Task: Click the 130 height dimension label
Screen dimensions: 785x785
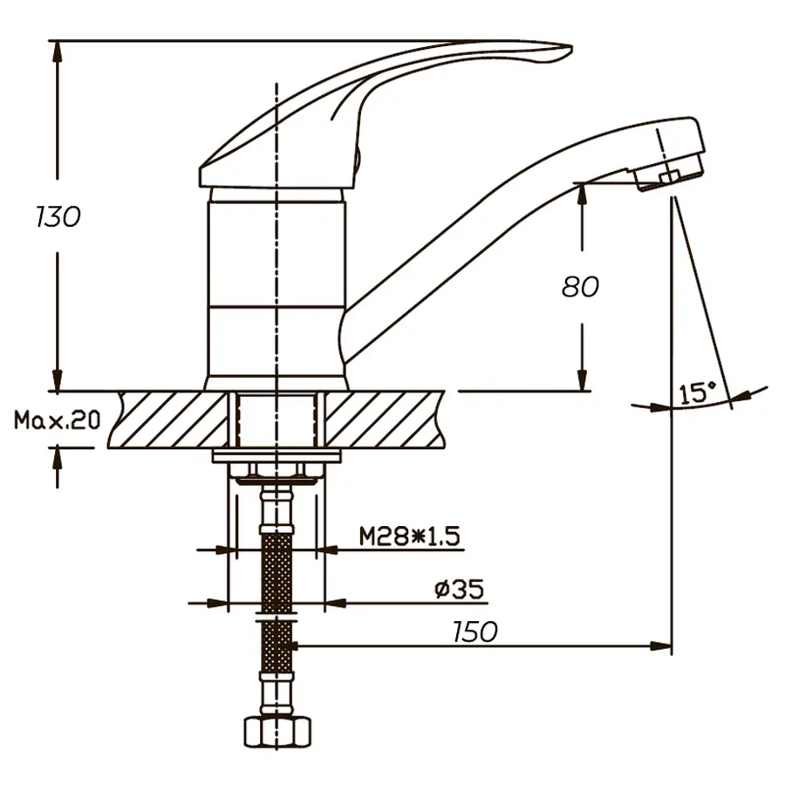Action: pyautogui.click(x=58, y=215)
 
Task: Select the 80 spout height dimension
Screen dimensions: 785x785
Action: pyautogui.click(x=580, y=286)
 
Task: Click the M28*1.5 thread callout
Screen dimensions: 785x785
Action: pyautogui.click(x=409, y=536)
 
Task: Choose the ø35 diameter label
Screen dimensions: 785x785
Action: pyautogui.click(x=459, y=590)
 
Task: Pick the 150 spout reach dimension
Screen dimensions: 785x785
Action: pyautogui.click(x=475, y=631)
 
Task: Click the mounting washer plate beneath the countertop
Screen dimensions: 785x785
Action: pyautogui.click(x=276, y=457)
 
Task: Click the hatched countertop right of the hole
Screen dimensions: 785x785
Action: pyautogui.click(x=384, y=420)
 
